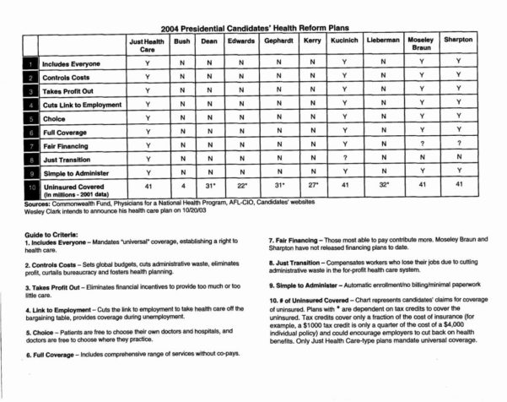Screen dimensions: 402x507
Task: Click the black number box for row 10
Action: pos(31,187)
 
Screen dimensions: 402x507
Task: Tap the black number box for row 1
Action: pos(31,64)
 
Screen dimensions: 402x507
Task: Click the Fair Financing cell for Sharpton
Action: pos(458,144)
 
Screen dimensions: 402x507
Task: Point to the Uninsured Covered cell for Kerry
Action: pos(311,186)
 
